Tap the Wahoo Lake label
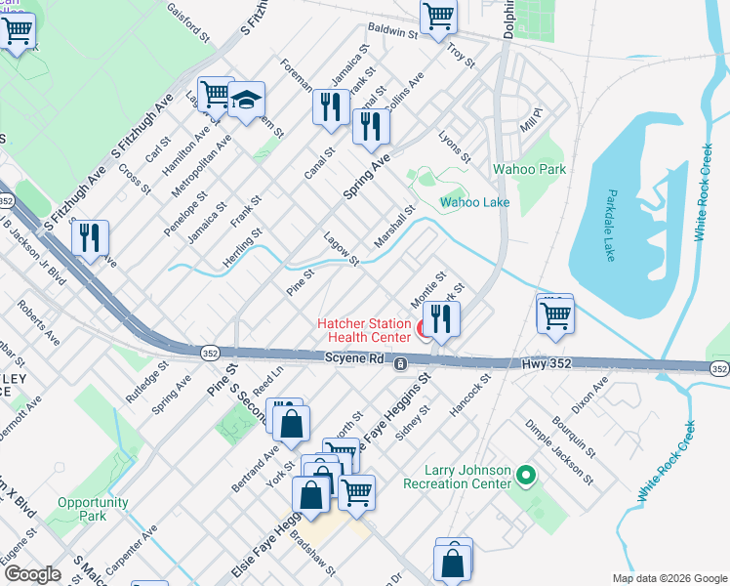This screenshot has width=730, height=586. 475,203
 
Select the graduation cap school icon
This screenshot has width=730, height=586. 247,101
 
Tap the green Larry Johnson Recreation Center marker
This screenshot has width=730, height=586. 527,476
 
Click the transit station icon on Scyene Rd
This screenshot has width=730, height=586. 400,363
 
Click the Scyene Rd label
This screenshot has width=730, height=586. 352,360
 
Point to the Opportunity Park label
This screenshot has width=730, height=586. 93,509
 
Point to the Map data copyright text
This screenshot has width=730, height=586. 669,578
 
